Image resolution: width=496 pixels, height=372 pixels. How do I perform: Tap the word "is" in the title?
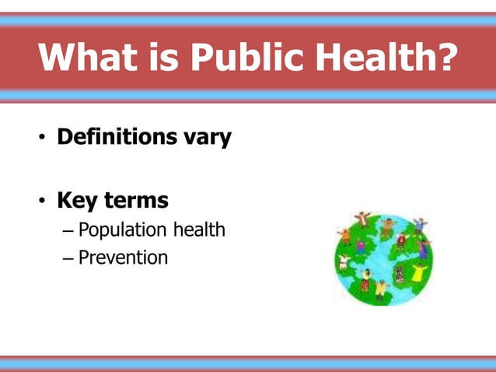coord(162,58)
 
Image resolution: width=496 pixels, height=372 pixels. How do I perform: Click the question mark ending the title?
coord(445,58)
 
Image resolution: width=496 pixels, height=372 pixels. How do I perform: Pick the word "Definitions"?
coord(117,138)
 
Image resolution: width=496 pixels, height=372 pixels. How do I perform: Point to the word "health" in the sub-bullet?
coord(198,230)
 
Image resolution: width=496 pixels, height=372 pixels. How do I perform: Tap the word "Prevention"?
coord(123,257)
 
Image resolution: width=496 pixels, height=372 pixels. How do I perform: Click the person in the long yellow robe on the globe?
coord(419,272)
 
